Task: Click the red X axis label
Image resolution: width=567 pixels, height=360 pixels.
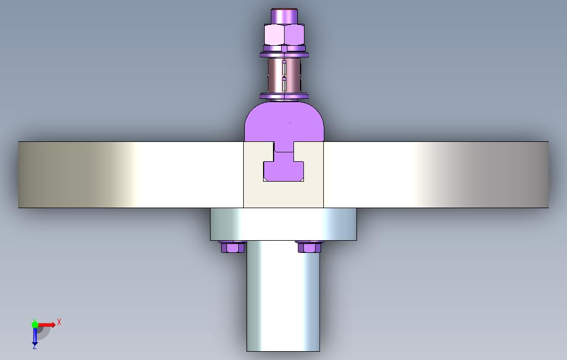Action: click(x=59, y=322)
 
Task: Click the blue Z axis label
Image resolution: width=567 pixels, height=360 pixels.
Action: click(x=35, y=346)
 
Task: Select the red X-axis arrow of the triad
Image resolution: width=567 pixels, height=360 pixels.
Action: click(x=46, y=325)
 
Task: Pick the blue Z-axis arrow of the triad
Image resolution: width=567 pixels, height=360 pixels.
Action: click(x=35, y=335)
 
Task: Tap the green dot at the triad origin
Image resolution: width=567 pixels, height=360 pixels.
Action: click(x=35, y=325)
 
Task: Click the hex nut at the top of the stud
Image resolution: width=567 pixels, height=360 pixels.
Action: click(x=284, y=34)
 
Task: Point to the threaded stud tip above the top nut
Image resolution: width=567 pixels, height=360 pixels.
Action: click(x=284, y=16)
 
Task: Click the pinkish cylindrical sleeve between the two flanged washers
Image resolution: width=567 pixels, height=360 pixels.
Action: click(x=284, y=76)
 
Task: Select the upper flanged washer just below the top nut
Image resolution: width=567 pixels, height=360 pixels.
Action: click(x=284, y=55)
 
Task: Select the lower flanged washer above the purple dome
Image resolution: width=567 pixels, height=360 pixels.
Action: click(x=284, y=96)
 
